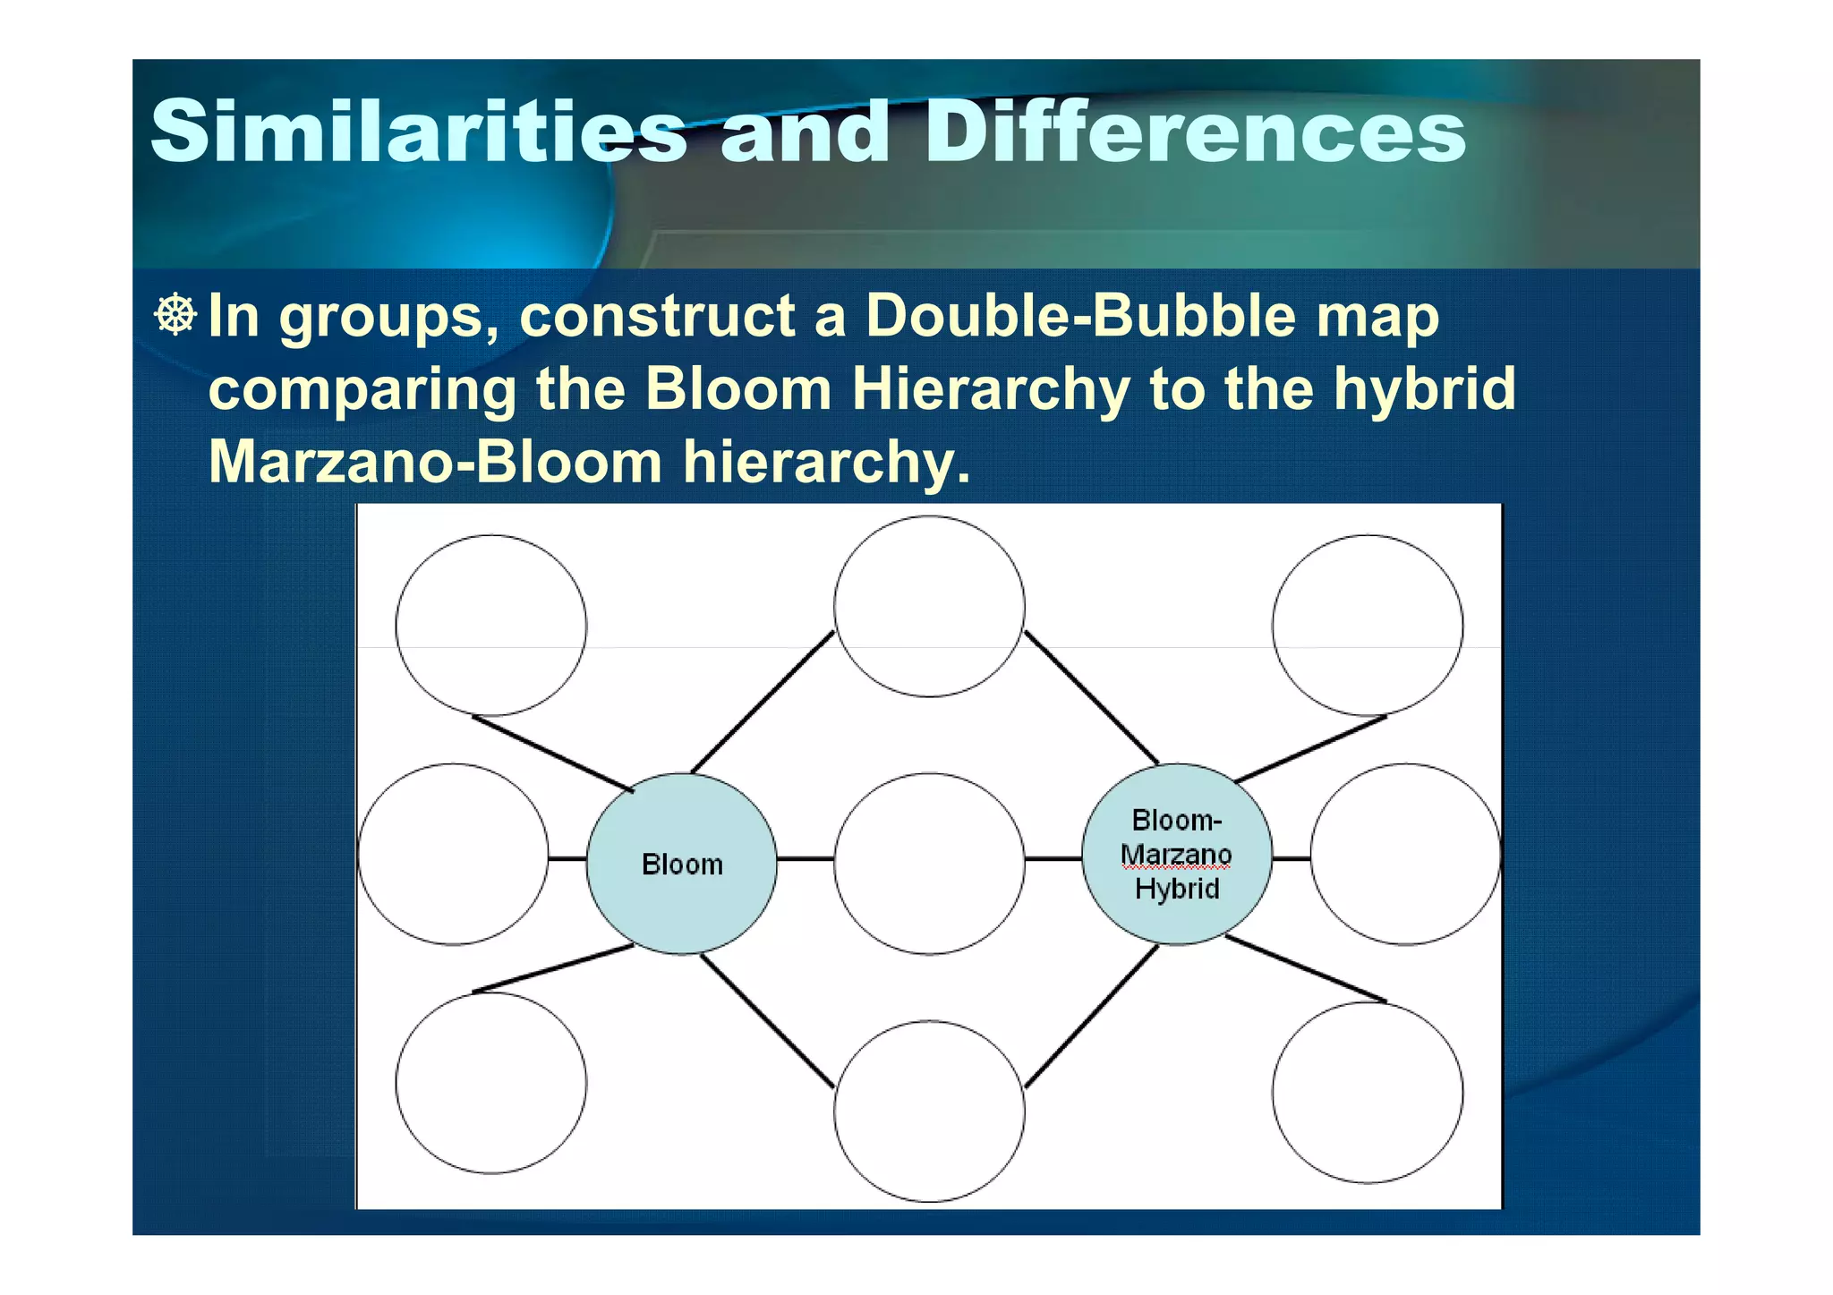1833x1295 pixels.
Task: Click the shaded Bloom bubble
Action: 681,864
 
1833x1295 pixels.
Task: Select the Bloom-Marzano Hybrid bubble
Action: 1176,854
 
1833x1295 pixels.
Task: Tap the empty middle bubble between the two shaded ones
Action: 929,863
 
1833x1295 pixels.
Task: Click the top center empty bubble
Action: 929,606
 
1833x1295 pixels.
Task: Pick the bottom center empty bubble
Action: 929,1111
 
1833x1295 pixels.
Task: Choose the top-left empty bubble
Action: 490,625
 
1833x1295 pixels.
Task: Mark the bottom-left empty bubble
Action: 490,1083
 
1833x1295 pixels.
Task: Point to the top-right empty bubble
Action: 1367,625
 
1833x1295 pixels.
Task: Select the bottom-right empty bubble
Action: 1367,1092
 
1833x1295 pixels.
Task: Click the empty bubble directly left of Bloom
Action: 453,854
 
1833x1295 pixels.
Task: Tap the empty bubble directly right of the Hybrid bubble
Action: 1405,854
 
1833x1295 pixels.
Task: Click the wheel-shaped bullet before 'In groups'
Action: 175,314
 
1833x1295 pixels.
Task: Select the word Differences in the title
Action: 1194,132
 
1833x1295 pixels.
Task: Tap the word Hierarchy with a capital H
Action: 990,388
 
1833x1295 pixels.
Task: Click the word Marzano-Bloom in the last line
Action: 435,462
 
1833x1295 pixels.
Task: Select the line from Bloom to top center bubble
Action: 763,702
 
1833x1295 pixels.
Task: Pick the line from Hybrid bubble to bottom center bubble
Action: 1092,1016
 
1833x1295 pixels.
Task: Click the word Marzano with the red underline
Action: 1176,855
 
